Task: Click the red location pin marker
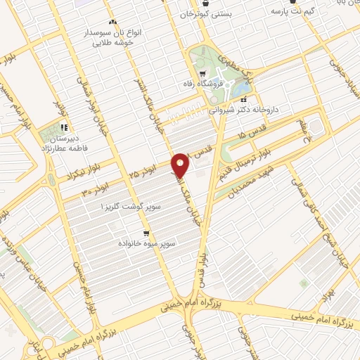pyautogui.click(x=181, y=165)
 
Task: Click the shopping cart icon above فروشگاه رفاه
pyautogui.click(x=202, y=74)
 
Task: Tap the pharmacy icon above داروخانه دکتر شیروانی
pyautogui.click(x=243, y=100)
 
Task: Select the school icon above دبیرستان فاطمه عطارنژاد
pyautogui.click(x=63, y=127)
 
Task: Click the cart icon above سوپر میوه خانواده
pyautogui.click(x=146, y=233)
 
